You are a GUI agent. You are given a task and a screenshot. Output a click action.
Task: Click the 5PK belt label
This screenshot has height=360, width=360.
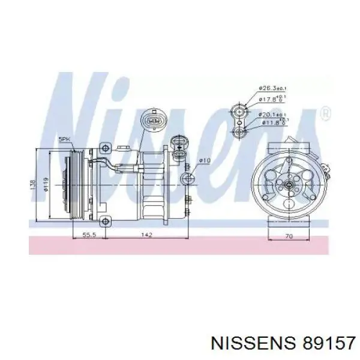click(64, 140)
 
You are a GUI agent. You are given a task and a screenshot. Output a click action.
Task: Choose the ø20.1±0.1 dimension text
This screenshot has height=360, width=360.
click(272, 115)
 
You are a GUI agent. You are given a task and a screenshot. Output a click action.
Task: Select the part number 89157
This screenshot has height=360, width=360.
click(321, 342)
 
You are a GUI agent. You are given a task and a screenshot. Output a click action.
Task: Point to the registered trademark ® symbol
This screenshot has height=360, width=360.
click(325, 113)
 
